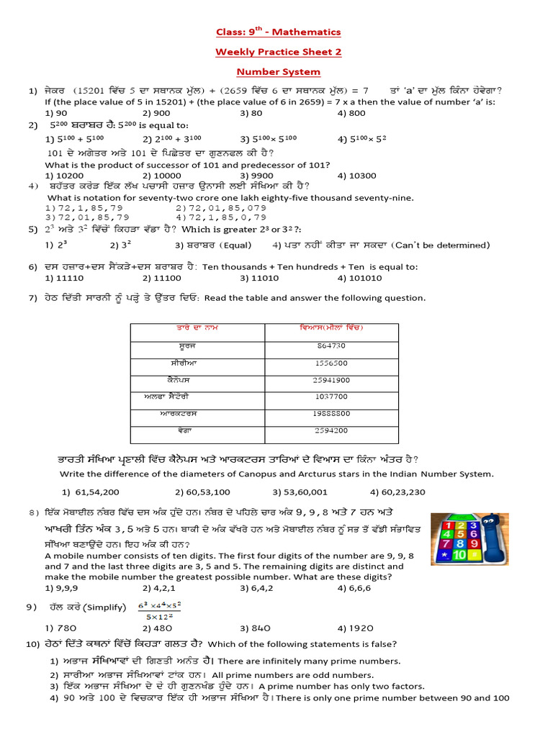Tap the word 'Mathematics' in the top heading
click(300, 32)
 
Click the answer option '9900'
click(256, 175)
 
